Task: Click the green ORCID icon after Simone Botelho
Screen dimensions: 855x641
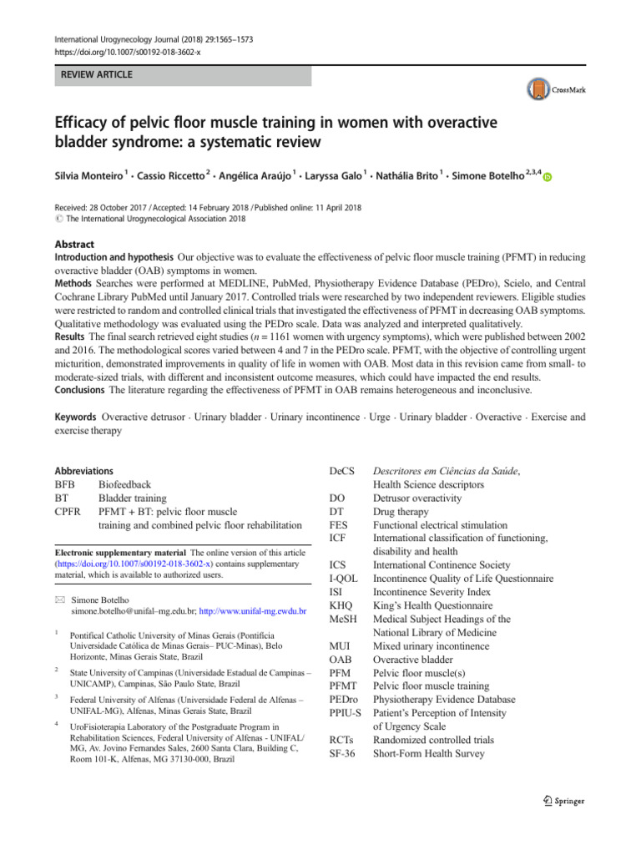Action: pyautogui.click(x=548, y=178)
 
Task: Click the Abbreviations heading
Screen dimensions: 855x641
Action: pyautogui.click(x=83, y=472)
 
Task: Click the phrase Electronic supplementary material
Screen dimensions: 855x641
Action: pyautogui.click(x=115, y=553)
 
